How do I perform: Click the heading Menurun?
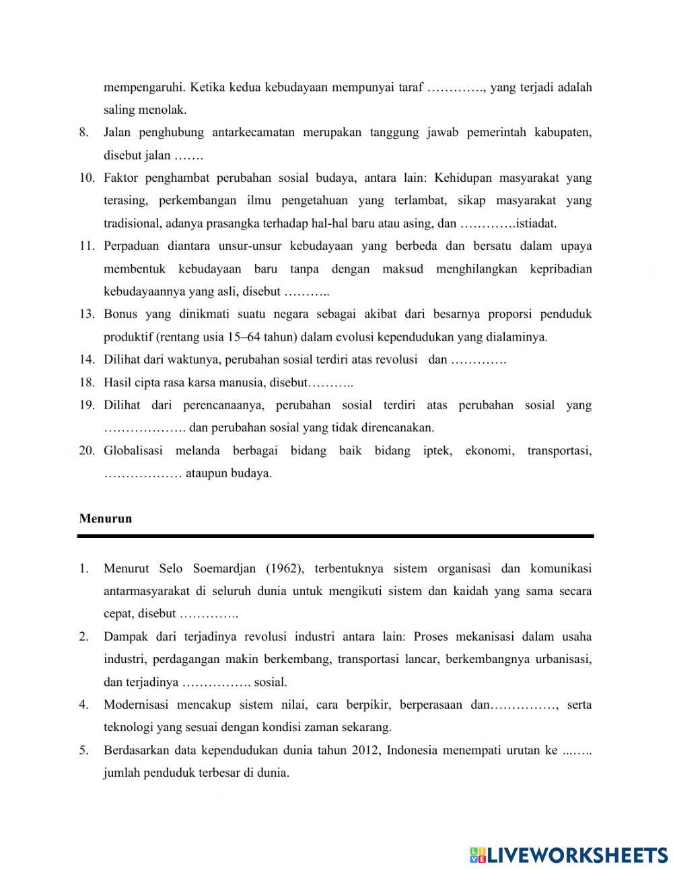tap(105, 518)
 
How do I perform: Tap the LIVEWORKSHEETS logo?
tap(569, 855)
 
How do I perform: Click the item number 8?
tap(83, 133)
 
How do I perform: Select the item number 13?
tap(86, 314)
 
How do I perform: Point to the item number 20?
tap(86, 450)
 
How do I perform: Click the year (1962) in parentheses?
tap(285, 568)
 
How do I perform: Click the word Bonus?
tap(120, 314)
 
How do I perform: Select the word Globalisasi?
tap(133, 450)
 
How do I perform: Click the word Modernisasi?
tap(135, 705)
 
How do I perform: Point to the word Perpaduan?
tap(131, 246)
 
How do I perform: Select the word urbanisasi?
tap(563, 659)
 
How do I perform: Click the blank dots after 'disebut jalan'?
tap(188, 155)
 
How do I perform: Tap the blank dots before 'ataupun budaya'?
tap(143, 473)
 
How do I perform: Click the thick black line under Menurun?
tap(335, 536)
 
